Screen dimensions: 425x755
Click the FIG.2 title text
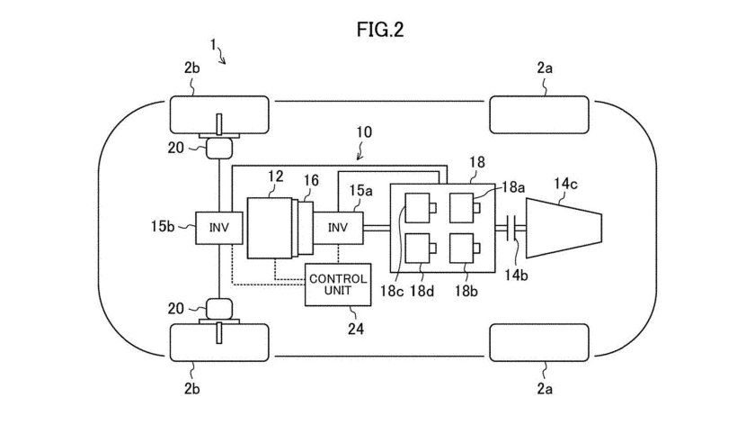coord(377,30)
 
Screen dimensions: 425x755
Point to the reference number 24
coord(338,329)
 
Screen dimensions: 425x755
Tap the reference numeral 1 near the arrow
coord(212,42)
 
